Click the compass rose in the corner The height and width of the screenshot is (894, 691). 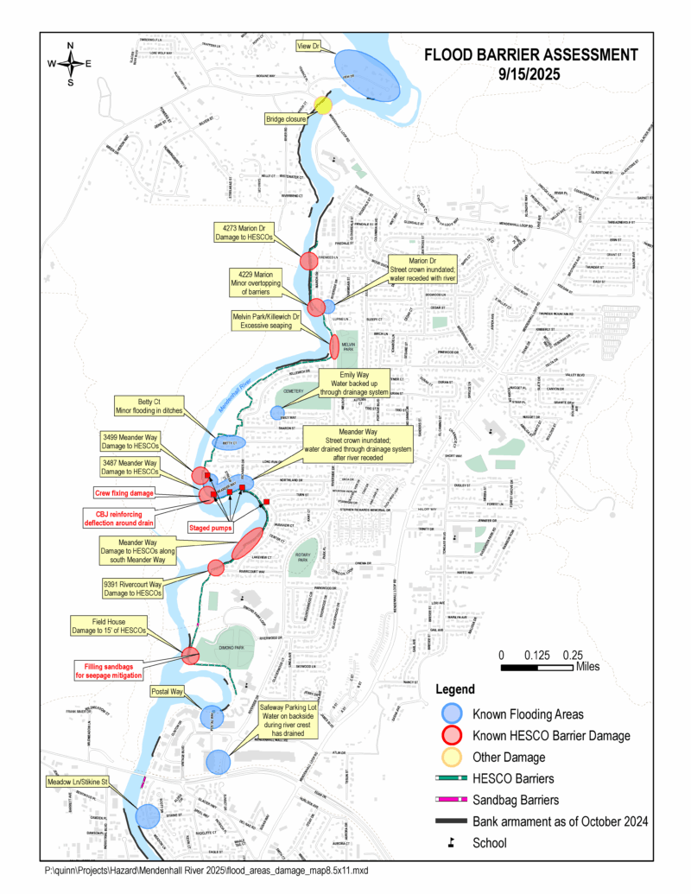point(71,63)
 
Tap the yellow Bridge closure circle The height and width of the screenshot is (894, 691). point(323,105)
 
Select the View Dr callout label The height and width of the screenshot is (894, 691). point(310,46)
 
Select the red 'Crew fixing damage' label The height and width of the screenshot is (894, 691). point(124,492)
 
